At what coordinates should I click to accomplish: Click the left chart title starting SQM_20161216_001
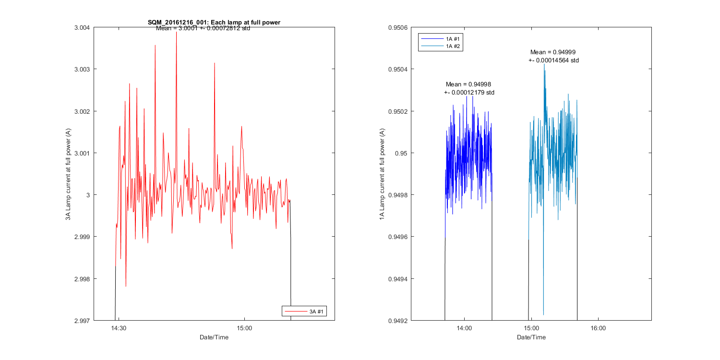click(x=214, y=22)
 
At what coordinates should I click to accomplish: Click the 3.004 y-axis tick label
click(x=82, y=27)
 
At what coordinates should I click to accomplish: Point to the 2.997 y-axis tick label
click(x=82, y=321)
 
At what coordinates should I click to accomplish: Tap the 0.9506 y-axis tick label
click(x=398, y=27)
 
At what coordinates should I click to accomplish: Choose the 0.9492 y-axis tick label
click(x=398, y=321)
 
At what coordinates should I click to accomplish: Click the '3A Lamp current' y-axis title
click(x=69, y=174)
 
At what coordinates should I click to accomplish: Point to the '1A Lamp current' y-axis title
click(x=382, y=174)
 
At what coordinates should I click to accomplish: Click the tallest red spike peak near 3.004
click(x=176, y=33)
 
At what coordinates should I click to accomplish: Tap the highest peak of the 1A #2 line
click(x=544, y=64)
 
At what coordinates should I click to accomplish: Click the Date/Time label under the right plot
click(x=531, y=337)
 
